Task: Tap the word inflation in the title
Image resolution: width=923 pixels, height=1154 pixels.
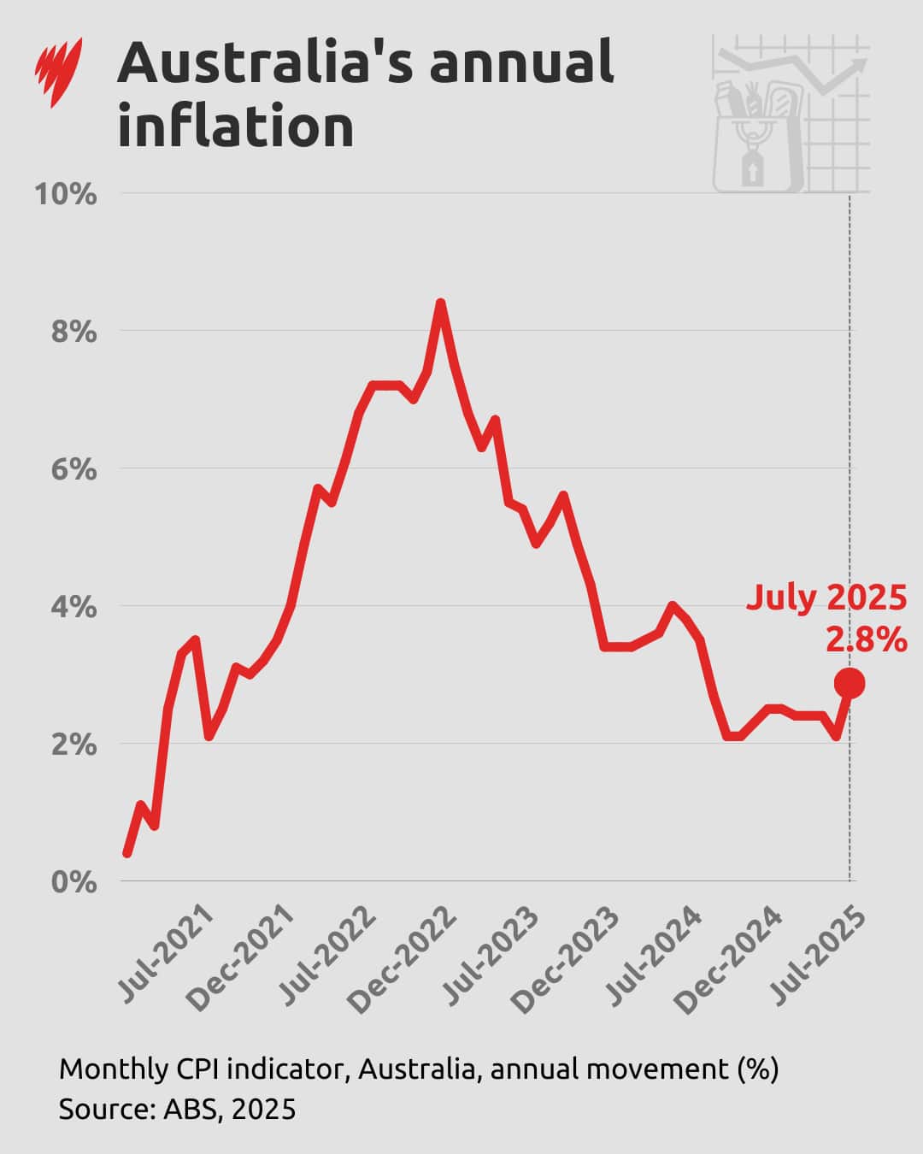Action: (236, 127)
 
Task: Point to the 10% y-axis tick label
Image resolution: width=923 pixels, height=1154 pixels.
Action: (66, 194)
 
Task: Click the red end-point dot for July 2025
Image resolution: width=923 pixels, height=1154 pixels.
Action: (850, 683)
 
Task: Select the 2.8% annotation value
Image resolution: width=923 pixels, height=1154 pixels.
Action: (866, 639)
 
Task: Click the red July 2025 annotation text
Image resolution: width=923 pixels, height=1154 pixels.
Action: (826, 597)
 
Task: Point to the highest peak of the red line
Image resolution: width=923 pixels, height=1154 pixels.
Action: (440, 303)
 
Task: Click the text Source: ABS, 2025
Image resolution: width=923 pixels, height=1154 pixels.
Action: (177, 1109)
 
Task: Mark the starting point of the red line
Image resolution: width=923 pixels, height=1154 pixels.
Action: (126, 853)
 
